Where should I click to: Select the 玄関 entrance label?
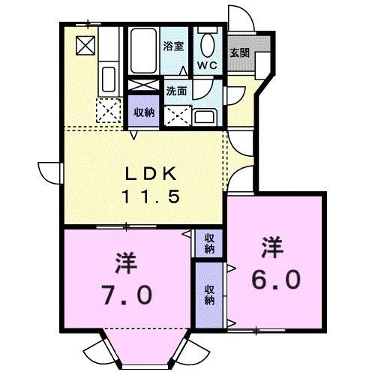pos(240,53)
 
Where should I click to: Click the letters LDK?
pos(150,173)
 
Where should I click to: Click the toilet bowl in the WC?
pos(208,43)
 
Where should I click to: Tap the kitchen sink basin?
pos(107,78)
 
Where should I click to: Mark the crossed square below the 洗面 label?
pos(178,115)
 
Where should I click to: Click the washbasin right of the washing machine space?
pos(203,115)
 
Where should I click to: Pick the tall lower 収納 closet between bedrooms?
pos(209,293)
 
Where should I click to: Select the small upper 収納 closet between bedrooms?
pos(209,242)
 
